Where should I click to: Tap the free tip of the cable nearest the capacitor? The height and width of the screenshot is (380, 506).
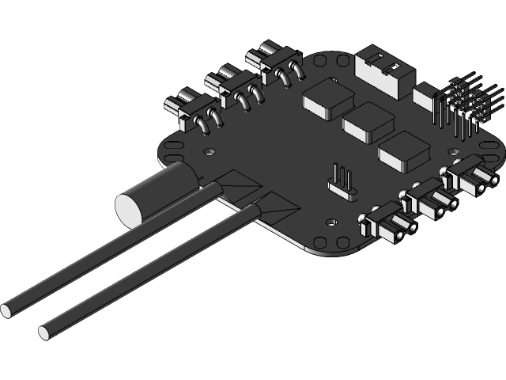coord(6,310)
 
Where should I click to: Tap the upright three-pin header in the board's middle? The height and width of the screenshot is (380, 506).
coord(342,181)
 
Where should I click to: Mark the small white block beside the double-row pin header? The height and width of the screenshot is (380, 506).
coord(426,99)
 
